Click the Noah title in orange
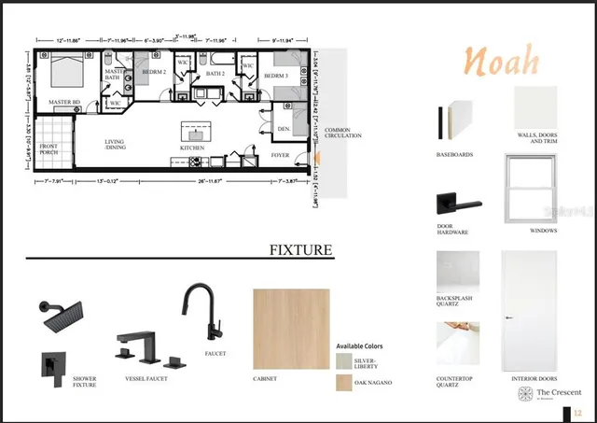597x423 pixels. (502, 62)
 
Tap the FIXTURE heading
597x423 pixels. (300, 249)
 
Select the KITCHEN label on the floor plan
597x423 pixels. (193, 148)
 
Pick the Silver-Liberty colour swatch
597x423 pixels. (345, 360)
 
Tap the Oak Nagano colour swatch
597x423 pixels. (345, 382)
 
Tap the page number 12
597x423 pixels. (578, 411)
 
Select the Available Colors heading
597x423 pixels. (363, 345)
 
